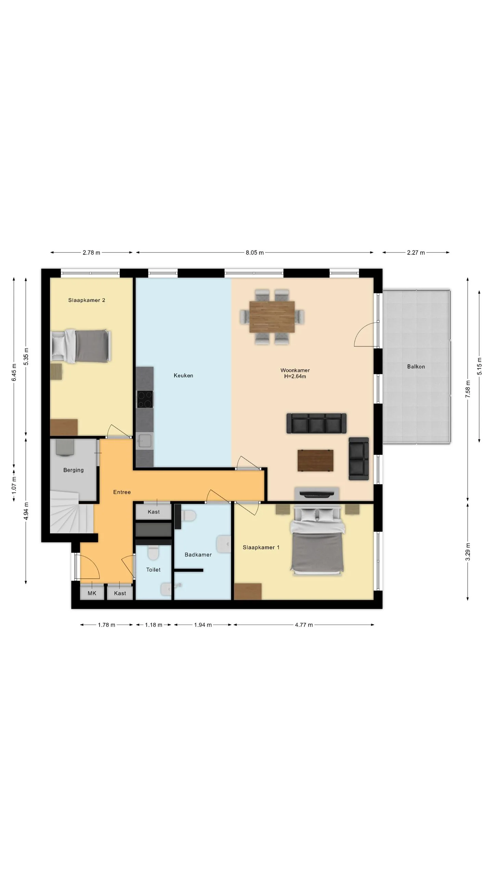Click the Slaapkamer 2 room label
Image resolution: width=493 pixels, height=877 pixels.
point(87,300)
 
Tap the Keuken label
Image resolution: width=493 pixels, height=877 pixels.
point(184,375)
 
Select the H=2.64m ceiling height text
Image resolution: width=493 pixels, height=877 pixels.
point(295,376)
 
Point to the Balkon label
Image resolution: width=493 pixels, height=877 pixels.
point(416,367)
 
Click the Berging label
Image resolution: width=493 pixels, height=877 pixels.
point(73,470)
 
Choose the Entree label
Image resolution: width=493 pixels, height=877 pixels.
point(122,492)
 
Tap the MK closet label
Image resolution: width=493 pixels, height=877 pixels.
point(92,593)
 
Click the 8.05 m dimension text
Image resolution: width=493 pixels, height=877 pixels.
point(255,252)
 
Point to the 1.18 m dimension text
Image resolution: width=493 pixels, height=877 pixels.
point(153,625)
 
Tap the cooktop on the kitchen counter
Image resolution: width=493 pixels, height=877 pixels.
point(145,399)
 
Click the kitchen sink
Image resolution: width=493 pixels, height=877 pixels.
point(144,441)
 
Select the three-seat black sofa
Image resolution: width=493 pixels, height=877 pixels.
point(316,423)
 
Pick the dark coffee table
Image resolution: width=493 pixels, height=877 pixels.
point(315,460)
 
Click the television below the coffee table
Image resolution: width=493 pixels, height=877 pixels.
point(317,493)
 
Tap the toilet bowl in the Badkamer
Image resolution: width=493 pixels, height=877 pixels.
point(188,515)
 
